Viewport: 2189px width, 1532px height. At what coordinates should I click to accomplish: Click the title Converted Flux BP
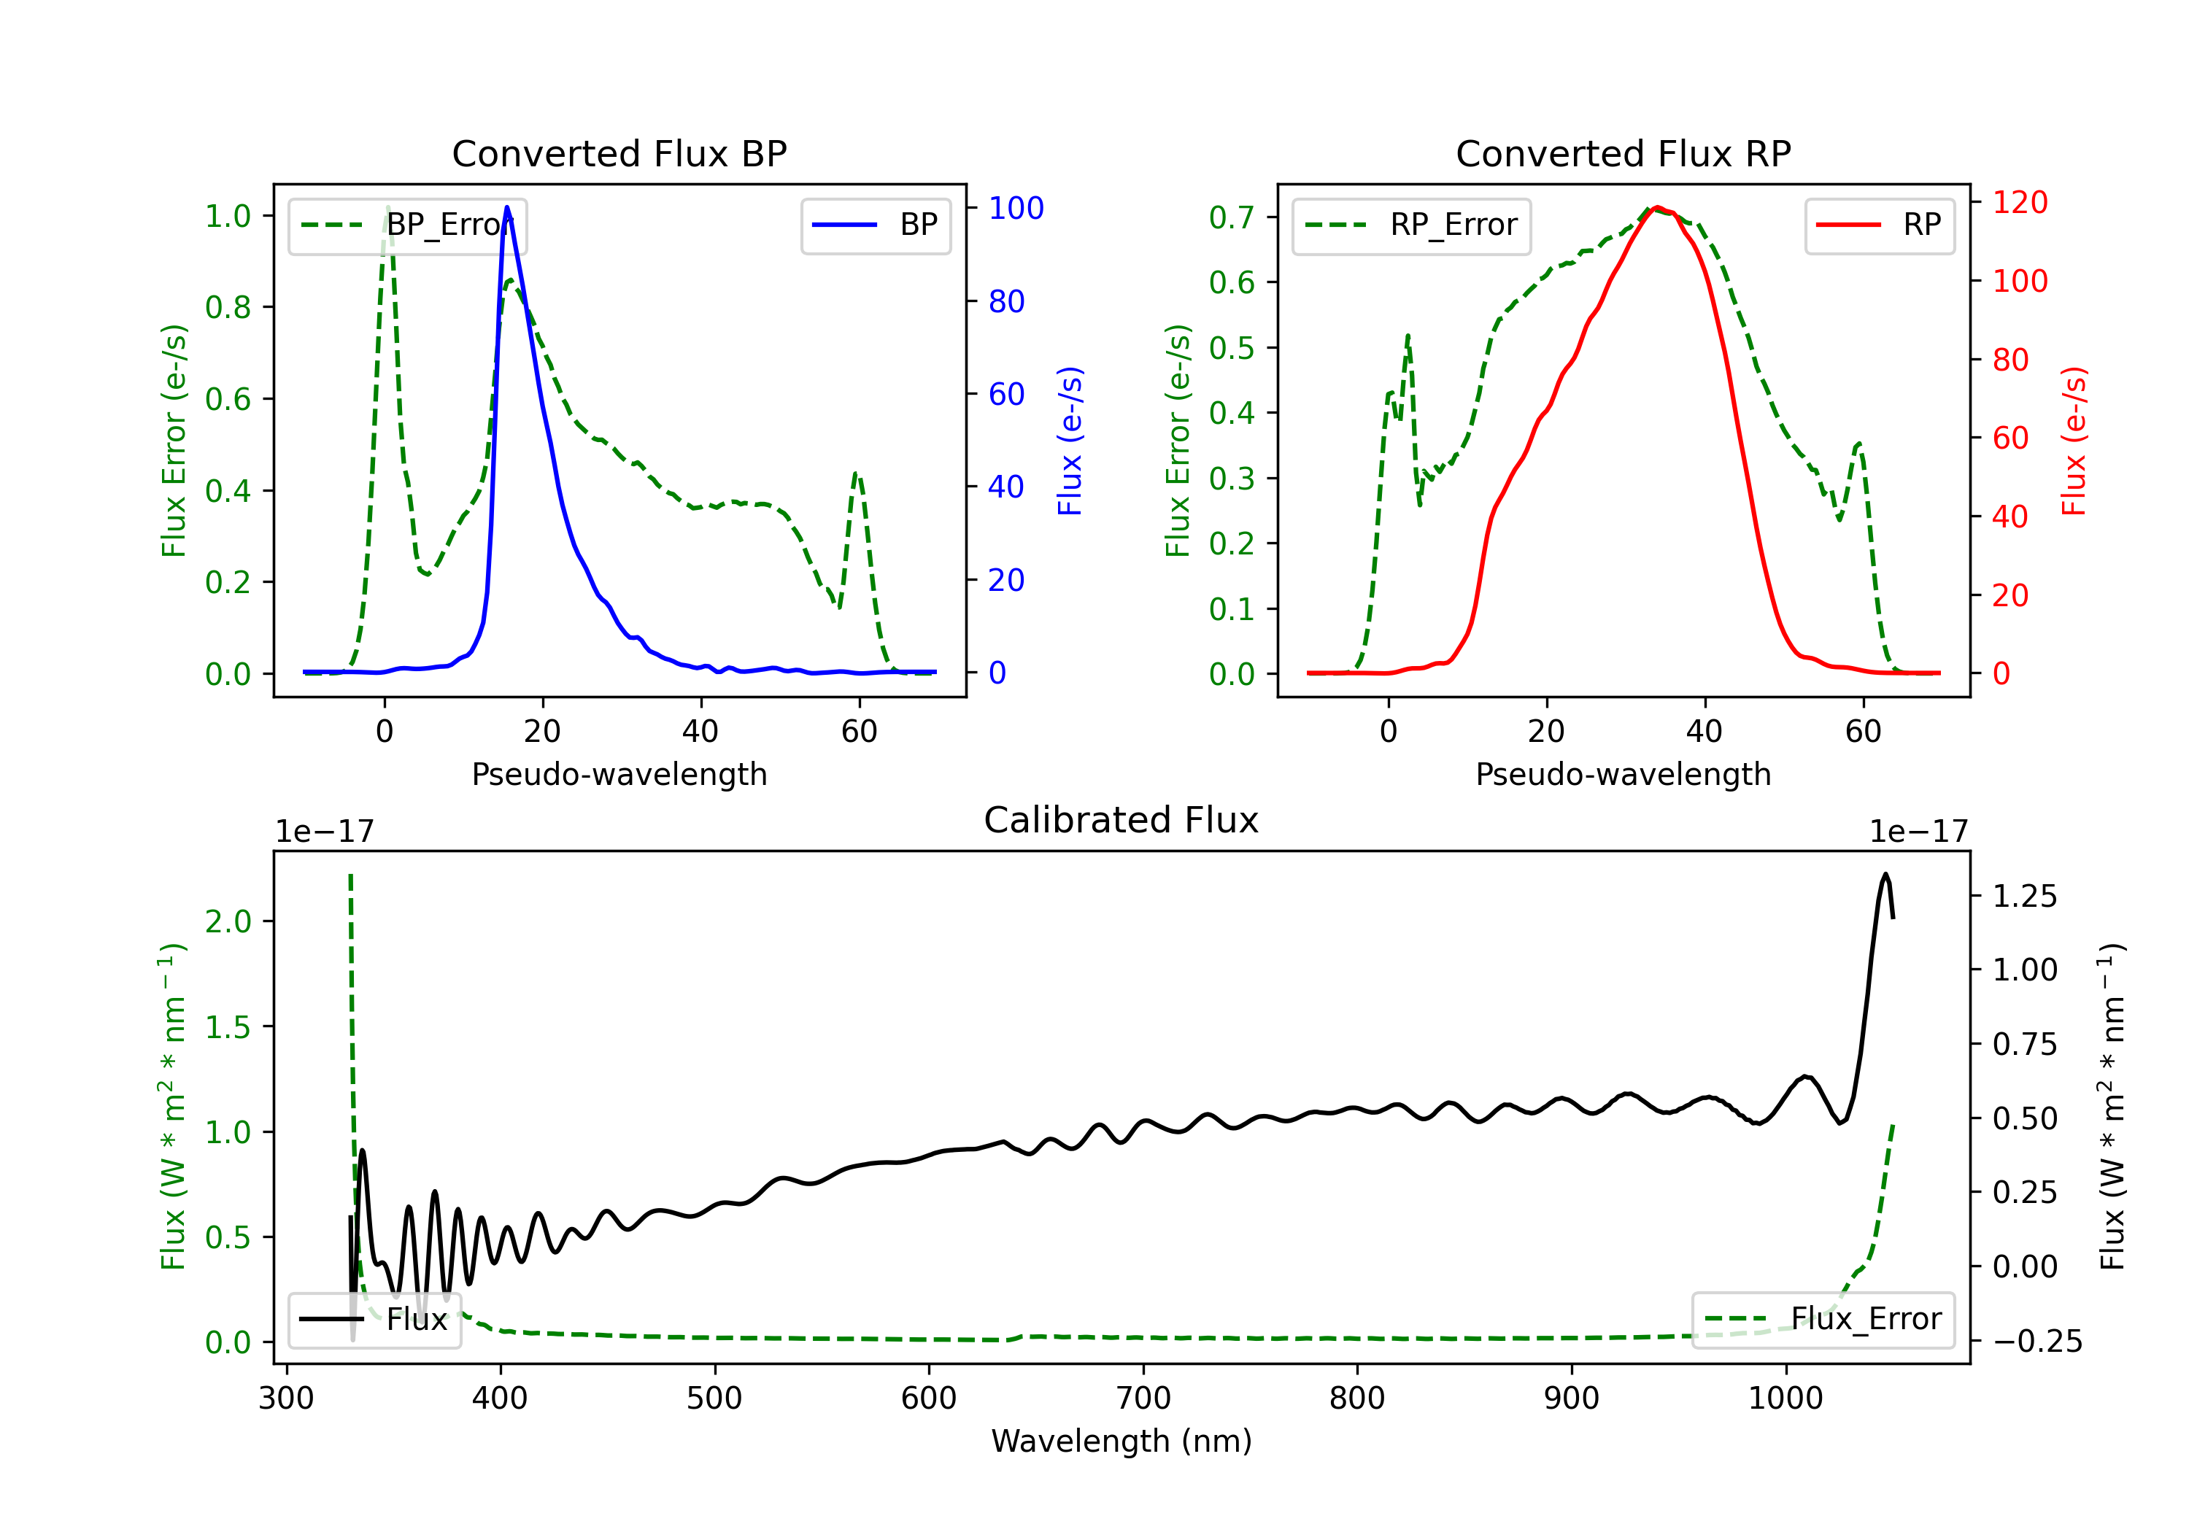pyautogui.click(x=619, y=153)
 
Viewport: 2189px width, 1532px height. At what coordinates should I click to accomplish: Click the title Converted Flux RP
pyautogui.click(x=1623, y=153)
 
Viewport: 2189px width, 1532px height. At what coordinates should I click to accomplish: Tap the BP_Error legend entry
pyautogui.click(x=408, y=225)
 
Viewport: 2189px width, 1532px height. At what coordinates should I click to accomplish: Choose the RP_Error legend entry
pyautogui.click(x=1412, y=225)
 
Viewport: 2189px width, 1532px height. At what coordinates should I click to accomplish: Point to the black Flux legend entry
pyautogui.click(x=375, y=1320)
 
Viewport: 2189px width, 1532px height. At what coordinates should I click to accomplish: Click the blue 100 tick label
pyautogui.click(x=1016, y=208)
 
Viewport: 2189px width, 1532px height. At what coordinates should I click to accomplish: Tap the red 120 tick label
pyautogui.click(x=2019, y=202)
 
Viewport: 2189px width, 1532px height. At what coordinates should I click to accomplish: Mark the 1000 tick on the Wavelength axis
pyautogui.click(x=1785, y=1398)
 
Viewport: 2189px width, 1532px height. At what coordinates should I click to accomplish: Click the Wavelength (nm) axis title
pyautogui.click(x=1121, y=1441)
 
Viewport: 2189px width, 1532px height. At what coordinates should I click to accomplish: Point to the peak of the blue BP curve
pyautogui.click(x=507, y=207)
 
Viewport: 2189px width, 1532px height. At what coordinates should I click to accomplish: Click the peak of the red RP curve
pyautogui.click(x=1658, y=207)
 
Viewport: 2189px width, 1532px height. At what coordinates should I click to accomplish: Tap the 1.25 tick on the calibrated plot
pyautogui.click(x=2024, y=896)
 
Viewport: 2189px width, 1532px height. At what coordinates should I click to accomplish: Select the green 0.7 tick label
pyautogui.click(x=1231, y=217)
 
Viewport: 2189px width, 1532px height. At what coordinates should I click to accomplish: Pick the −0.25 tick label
pyautogui.click(x=2024, y=1342)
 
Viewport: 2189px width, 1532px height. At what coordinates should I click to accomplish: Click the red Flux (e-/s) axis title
pyautogui.click(x=2074, y=441)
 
